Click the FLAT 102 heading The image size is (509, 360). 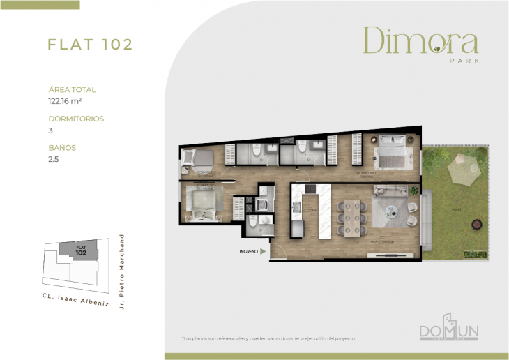coord(90,45)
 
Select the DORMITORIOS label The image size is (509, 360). coord(76,119)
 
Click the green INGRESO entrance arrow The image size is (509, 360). coord(263,251)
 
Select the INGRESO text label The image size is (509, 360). coord(248,251)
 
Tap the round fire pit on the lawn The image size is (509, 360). coord(477,223)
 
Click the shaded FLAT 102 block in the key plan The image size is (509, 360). coord(80,250)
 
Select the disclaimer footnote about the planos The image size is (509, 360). coord(268,338)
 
